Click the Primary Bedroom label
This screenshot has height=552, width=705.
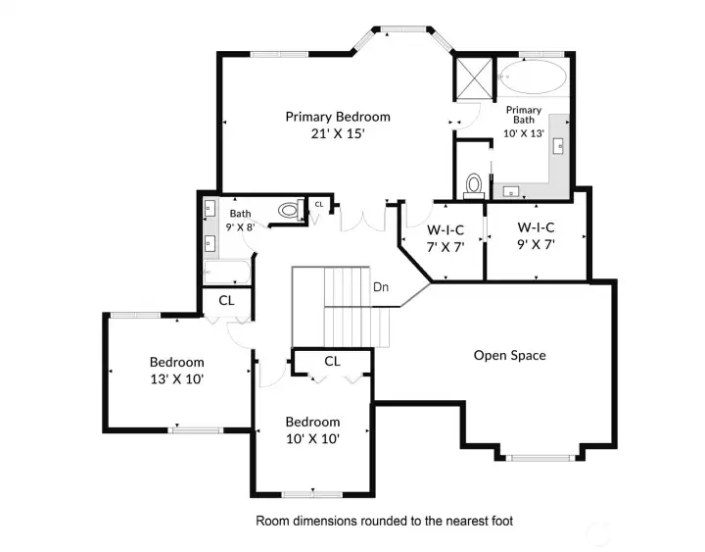pos(338,117)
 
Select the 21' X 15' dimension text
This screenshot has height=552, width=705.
pos(338,134)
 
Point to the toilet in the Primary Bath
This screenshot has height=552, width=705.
pos(474,183)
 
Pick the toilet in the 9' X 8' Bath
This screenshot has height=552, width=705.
pos(289,210)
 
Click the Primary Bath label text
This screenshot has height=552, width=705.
pos(524,116)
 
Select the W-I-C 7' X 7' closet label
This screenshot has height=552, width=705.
pos(445,238)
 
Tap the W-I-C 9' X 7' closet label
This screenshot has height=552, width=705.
pos(536,238)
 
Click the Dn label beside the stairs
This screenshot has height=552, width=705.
pos(382,287)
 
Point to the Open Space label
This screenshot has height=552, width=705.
pos(509,355)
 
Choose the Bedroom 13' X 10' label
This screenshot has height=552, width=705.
pos(177,370)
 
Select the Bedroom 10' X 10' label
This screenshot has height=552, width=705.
pos(312,430)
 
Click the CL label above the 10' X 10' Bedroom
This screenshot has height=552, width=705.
pos(332,361)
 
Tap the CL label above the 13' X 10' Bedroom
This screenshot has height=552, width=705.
pos(226,300)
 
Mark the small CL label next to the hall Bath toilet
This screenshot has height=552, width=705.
pos(318,204)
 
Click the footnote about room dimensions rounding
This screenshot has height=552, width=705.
pos(384,521)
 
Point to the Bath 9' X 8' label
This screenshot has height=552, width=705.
pos(241,220)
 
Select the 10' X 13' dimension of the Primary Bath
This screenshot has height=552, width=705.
pos(524,132)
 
